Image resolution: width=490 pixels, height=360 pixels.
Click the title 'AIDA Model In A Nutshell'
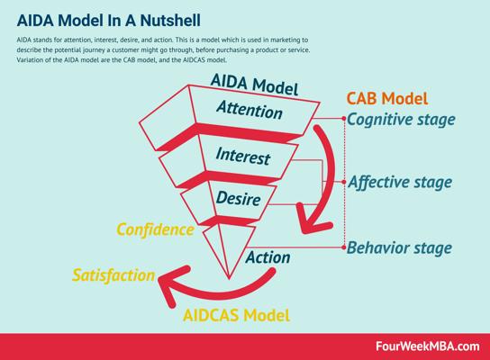pos(109,21)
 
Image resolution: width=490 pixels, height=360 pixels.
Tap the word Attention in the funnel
pos(250,110)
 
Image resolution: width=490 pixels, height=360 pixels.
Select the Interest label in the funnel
pos(243,156)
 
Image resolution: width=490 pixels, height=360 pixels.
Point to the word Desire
pos(238,198)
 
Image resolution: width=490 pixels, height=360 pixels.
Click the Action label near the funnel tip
pos(268,257)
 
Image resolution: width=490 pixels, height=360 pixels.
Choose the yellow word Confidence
pos(155,229)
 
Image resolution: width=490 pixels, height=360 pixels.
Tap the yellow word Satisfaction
pos(113,275)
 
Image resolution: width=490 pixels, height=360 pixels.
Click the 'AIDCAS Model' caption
pos(236,315)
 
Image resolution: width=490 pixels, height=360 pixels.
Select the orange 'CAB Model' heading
pos(387,98)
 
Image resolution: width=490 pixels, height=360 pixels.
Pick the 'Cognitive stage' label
pos(401,120)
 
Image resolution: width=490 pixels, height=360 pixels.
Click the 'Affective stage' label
pos(400,182)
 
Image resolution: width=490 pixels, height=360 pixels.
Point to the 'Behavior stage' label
pos(399,247)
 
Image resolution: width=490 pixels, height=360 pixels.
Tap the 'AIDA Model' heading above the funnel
pos(254,85)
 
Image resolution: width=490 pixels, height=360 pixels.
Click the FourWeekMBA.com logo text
pos(427,346)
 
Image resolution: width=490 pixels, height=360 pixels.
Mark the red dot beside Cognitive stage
pos(344,119)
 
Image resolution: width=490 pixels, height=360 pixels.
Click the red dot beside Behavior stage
pos(344,247)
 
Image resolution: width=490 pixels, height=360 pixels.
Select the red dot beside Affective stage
pos(344,182)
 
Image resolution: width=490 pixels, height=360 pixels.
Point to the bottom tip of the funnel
pos(229,278)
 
